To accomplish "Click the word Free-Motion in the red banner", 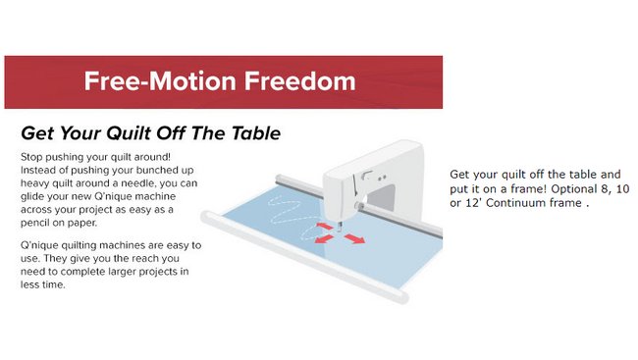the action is pyautogui.click(x=160, y=81).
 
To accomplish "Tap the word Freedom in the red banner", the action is pyautogui.click(x=300, y=81).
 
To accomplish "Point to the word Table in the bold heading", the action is pyautogui.click(x=256, y=133).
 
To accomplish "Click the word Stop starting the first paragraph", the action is pyautogui.click(x=31, y=157).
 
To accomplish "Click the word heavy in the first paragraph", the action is pyautogui.click(x=34, y=183).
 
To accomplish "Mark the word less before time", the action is pyautogui.click(x=30, y=284).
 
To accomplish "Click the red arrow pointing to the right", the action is pyautogui.click(x=354, y=238).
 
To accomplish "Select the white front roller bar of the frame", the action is pyautogui.click(x=304, y=257).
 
